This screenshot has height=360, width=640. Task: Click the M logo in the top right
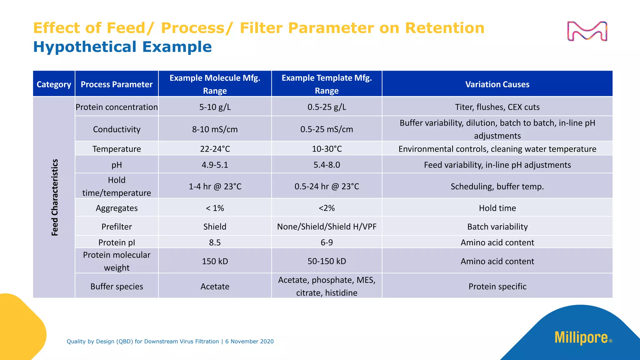pos(587,31)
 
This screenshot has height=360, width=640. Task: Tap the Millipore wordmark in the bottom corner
pos(581,338)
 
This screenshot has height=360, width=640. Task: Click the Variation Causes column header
pos(497,84)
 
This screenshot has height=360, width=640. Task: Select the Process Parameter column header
pos(117,84)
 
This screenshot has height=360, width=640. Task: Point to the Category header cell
pos(54,84)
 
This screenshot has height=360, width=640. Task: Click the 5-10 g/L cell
pos(215,107)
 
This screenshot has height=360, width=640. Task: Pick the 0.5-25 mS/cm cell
pos(327,129)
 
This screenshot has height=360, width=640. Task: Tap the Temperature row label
pos(117,149)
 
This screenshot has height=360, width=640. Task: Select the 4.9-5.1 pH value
pos(215,165)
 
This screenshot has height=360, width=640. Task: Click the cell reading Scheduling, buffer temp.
pos(497,187)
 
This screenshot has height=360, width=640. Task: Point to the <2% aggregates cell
pos(327,208)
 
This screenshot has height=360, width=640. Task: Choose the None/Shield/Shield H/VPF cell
pos(327,227)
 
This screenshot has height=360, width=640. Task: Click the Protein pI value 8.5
pos(215,242)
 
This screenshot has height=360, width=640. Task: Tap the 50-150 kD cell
pos(327,261)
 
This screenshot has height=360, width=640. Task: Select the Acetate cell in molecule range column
pos(215,287)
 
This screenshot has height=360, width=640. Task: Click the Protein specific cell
pos(497,287)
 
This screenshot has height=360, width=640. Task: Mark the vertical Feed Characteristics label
pos(55,197)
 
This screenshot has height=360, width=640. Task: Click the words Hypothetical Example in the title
pos(122,47)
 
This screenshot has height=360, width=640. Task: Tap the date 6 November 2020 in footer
pos(249,342)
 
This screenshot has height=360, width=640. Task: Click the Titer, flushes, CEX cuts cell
pos(497,107)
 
